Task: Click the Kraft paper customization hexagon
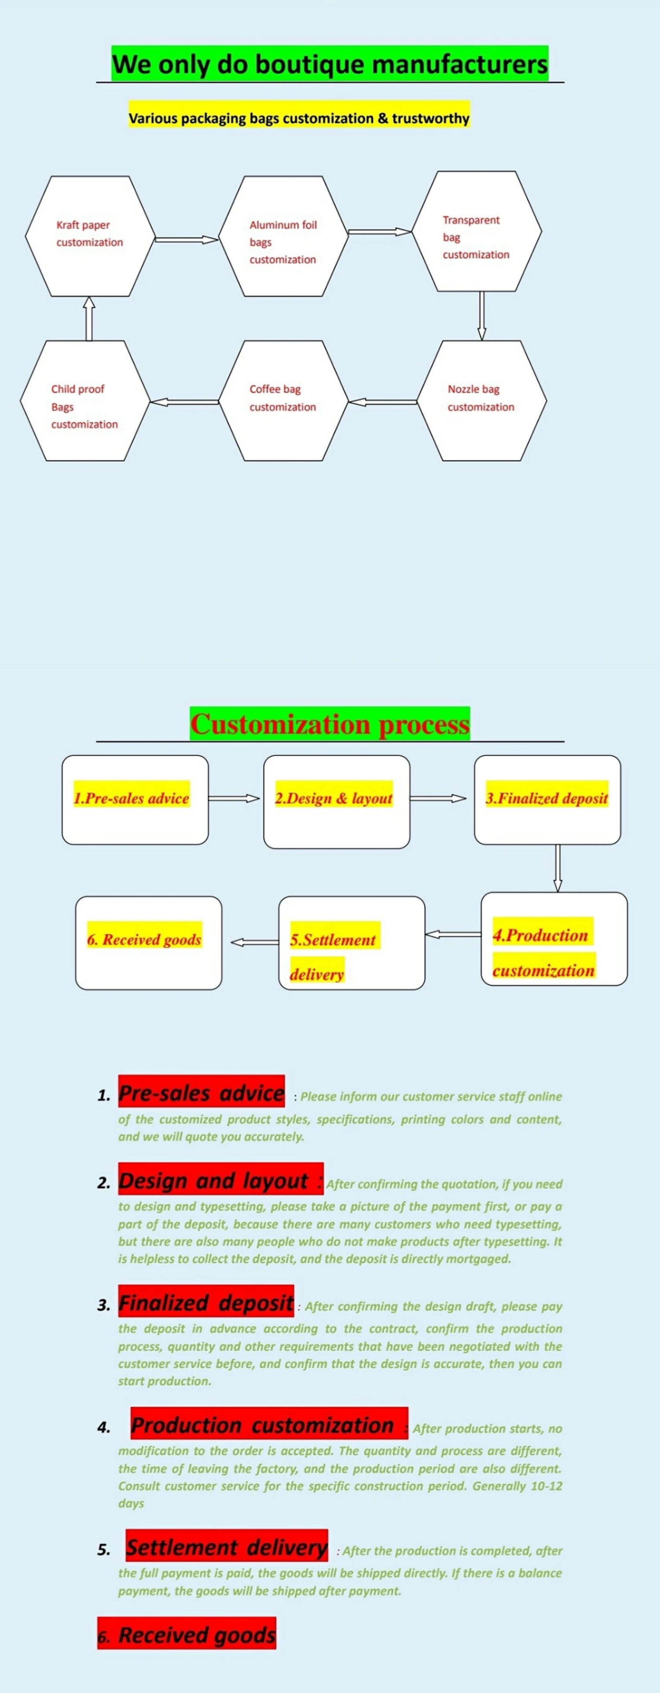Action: tap(90, 235)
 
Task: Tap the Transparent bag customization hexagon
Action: tap(477, 231)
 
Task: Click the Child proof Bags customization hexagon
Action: tap(85, 400)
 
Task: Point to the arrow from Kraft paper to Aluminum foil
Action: tap(186, 240)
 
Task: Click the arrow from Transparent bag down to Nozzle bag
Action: tap(482, 315)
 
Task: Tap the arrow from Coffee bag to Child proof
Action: tap(184, 402)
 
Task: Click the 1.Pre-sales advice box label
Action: tap(132, 798)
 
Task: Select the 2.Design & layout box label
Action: tap(334, 798)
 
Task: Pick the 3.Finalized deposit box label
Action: tap(547, 798)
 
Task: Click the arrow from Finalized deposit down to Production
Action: tap(557, 867)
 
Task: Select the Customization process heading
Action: tap(330, 724)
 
